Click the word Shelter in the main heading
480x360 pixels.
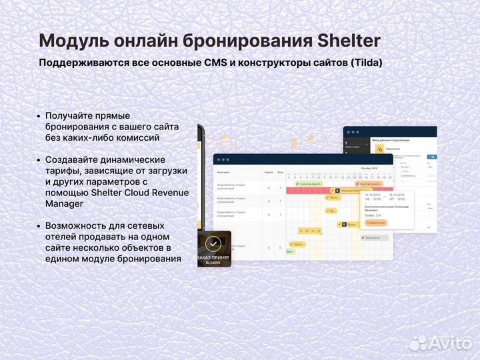(x=346, y=40)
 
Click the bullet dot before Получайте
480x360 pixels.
(x=39, y=116)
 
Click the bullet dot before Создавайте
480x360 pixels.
(x=39, y=160)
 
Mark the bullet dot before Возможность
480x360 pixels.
(x=39, y=226)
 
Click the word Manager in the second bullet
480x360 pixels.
(x=65, y=203)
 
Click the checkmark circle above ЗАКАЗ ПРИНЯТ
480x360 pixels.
(x=213, y=243)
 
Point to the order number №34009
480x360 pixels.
(x=213, y=263)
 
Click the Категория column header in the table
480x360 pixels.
(x=223, y=171)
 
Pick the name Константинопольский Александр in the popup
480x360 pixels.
(x=387, y=207)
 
